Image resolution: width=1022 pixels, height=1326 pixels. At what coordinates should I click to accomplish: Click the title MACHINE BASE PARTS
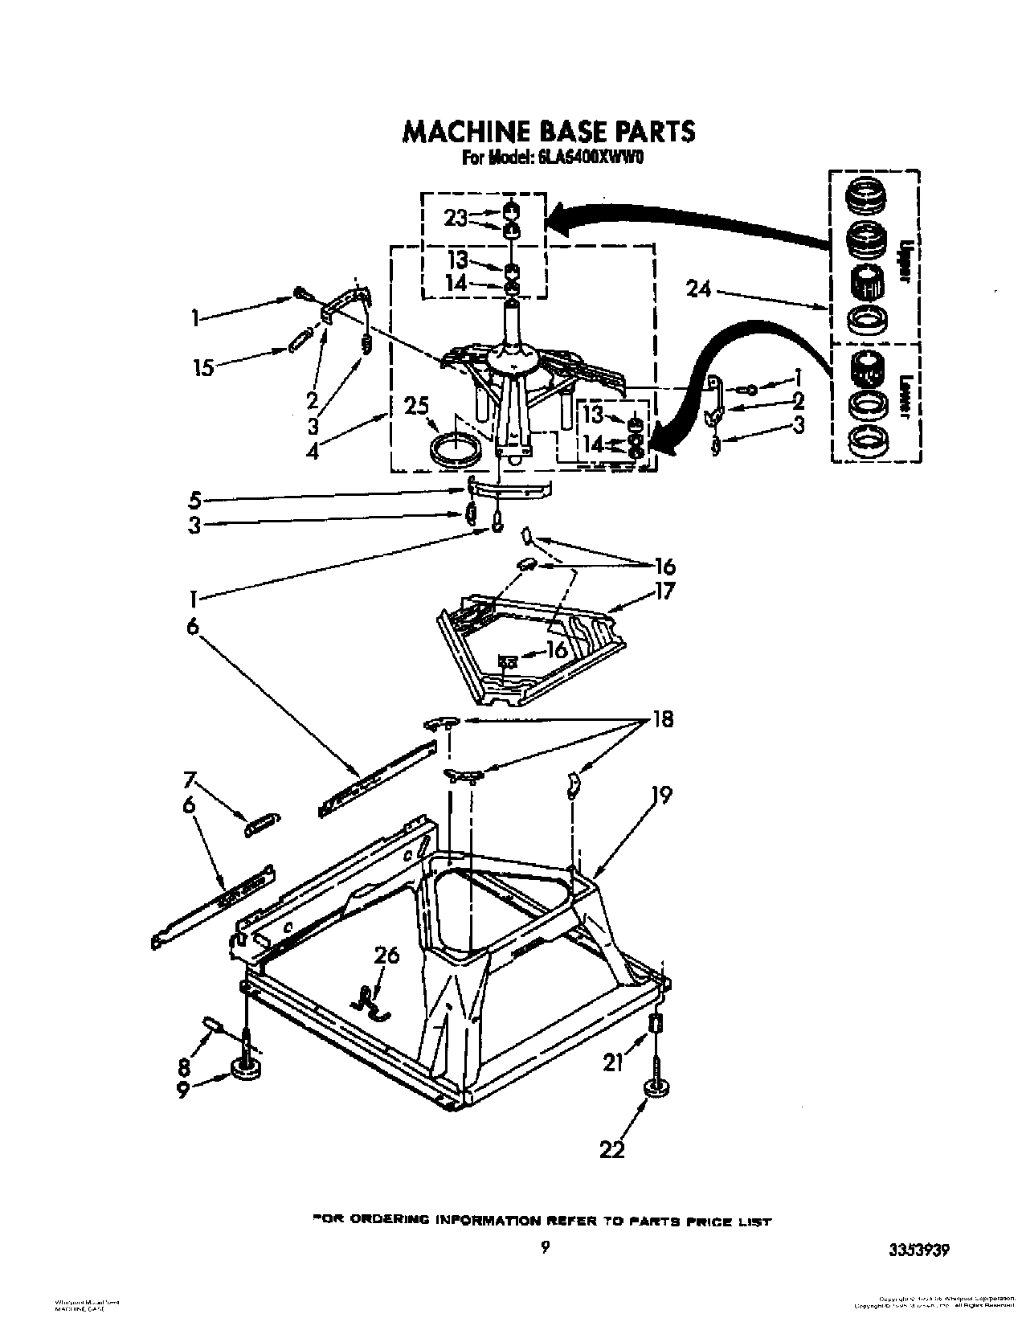(x=548, y=131)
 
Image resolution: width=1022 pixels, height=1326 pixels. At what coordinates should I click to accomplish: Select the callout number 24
(x=699, y=288)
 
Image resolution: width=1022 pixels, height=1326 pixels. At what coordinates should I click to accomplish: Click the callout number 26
(x=386, y=956)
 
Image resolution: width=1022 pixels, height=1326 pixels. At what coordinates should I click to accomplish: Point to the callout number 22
(x=612, y=1150)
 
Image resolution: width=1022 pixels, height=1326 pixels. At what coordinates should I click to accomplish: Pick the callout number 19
(x=661, y=795)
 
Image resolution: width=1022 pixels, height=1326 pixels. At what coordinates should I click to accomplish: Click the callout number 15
(x=205, y=368)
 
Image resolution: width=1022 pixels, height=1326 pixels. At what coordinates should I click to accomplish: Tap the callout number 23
(x=456, y=217)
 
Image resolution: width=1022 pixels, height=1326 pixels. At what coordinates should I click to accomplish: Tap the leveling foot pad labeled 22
(x=658, y=1089)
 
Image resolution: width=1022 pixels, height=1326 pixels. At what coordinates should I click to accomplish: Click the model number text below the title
(x=554, y=158)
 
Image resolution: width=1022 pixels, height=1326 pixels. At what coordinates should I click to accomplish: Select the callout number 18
(x=663, y=719)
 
